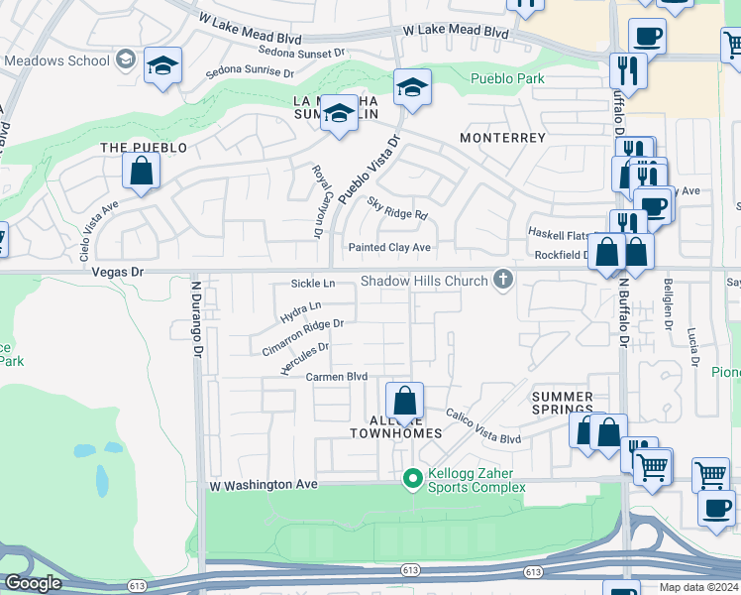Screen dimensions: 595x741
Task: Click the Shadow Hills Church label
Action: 424,282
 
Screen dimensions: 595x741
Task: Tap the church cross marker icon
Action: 503,281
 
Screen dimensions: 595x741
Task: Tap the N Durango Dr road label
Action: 197,317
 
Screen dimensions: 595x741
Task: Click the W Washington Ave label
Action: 263,485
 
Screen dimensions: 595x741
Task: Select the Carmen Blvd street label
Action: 336,377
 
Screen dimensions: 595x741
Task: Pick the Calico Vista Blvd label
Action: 483,426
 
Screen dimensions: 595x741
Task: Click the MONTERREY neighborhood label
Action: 503,138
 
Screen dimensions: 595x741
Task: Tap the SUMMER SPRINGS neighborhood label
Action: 563,403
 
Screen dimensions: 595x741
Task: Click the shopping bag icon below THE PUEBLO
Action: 142,171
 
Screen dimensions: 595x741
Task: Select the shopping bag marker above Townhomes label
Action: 404,402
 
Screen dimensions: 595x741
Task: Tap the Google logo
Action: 32,583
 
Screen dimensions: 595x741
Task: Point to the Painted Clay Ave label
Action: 389,248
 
